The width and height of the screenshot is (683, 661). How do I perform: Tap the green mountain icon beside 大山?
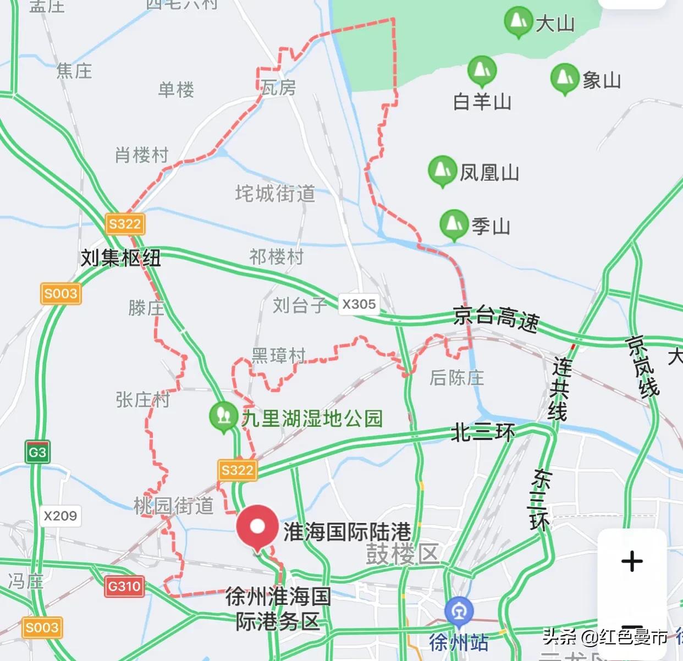(517, 21)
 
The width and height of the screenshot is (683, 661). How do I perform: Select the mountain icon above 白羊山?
(482, 70)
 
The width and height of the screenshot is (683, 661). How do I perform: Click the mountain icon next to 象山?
(564, 78)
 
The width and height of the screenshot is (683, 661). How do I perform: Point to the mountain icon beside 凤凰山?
(442, 170)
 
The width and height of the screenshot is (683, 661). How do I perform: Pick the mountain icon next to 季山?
(454, 224)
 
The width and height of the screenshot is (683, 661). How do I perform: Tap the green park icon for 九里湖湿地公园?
(223, 416)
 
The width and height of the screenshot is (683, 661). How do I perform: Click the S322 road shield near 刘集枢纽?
(125, 224)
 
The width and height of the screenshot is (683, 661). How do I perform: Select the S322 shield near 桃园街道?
(237, 470)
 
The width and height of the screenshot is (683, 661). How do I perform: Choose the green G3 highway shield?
(37, 453)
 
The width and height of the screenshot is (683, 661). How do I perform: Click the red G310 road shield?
(124, 586)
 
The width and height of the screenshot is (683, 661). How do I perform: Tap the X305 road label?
(359, 304)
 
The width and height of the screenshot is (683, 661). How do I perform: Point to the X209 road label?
(60, 516)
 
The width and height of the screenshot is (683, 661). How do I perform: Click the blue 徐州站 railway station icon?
(459, 612)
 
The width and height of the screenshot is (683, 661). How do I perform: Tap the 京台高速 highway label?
(496, 318)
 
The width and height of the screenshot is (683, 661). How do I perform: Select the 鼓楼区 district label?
(403, 554)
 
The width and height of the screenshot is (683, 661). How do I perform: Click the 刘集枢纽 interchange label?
(120, 257)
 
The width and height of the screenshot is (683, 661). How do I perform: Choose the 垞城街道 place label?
(275, 194)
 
